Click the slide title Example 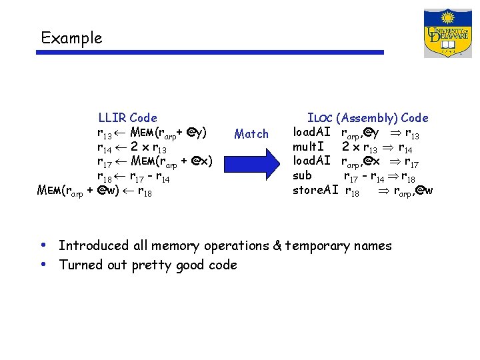tap(71, 38)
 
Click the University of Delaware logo tap(447, 33)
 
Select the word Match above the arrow tap(251, 134)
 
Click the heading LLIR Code tap(127, 118)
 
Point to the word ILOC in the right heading tap(320, 118)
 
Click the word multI tap(309, 147)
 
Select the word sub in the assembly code tap(302, 176)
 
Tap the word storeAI tap(315, 191)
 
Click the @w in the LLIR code tap(108, 192)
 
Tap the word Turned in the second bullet tap(79, 265)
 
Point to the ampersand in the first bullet tap(277, 246)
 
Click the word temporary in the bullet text tap(317, 247)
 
